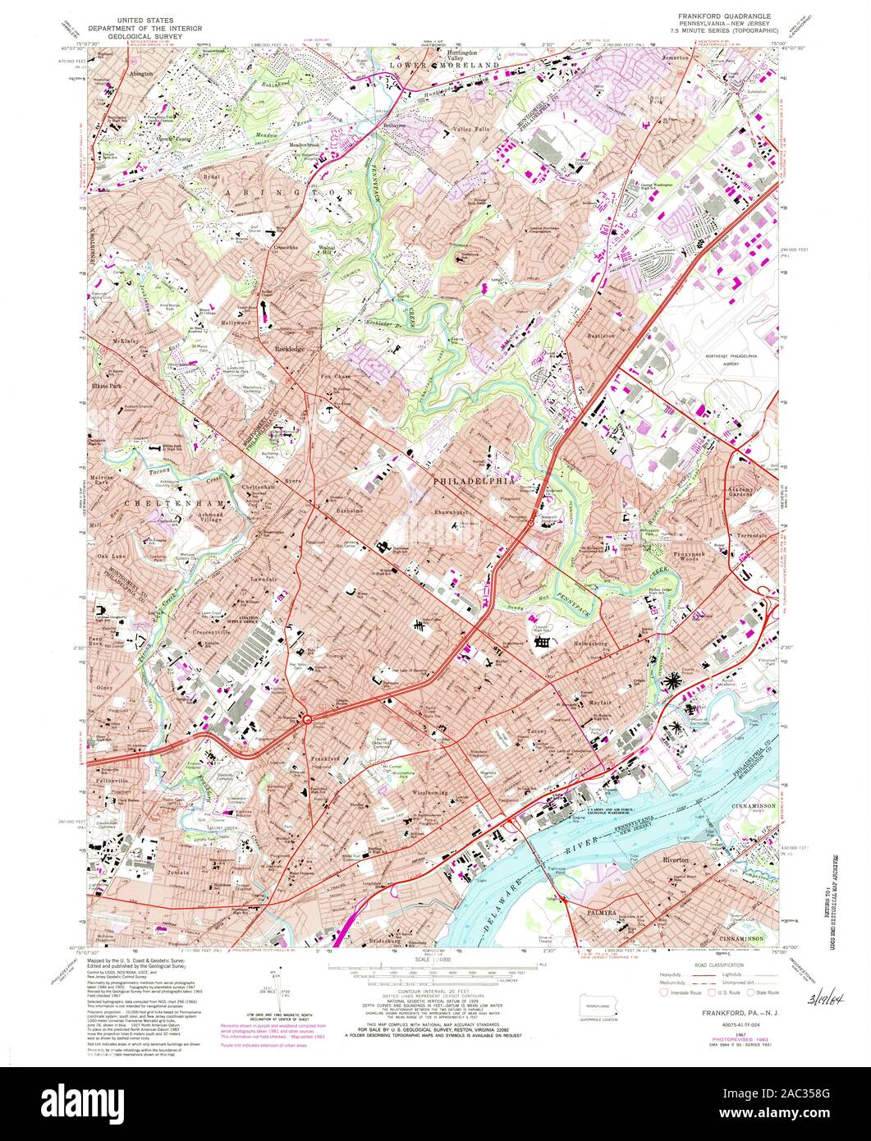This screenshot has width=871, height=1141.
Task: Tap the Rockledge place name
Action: [x=291, y=348]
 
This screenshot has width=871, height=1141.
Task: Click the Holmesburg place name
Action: [x=594, y=643]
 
